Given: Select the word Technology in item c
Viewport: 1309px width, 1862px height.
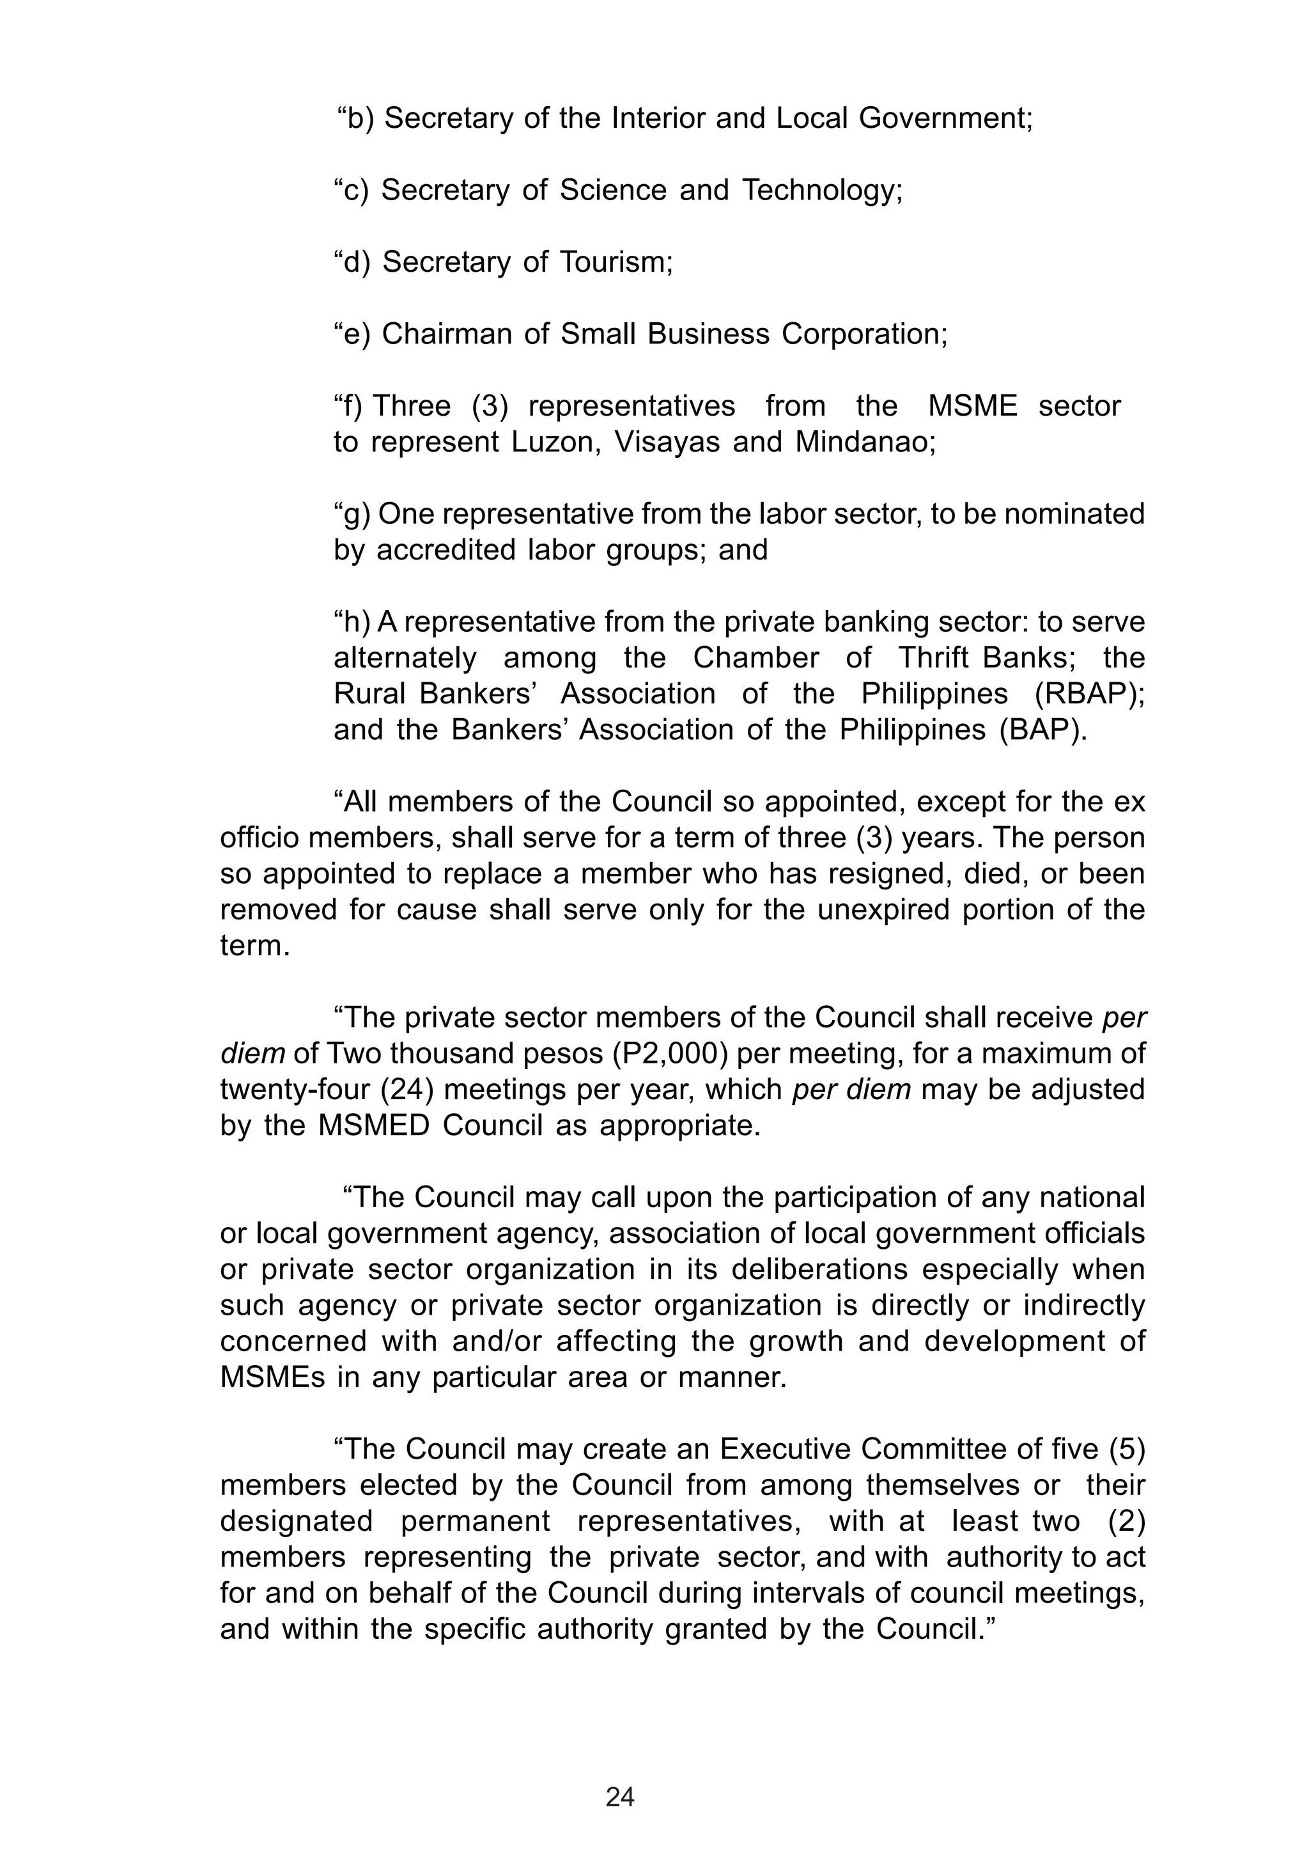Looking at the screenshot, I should tap(821, 191).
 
